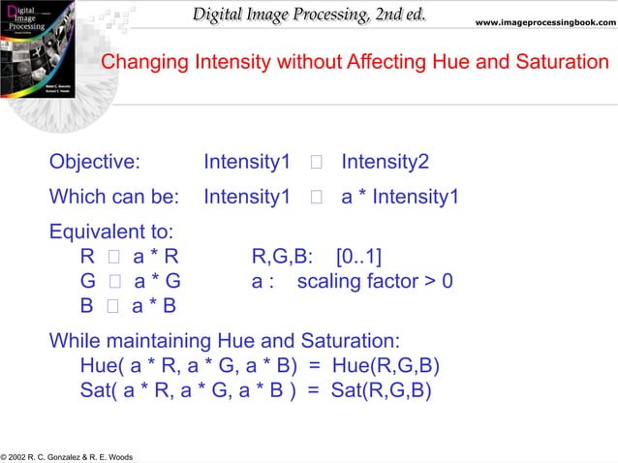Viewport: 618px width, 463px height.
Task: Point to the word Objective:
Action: tap(95, 162)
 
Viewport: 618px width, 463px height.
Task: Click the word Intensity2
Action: tap(386, 162)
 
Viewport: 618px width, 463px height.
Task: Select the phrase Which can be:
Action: tap(114, 198)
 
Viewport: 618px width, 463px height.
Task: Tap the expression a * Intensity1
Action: tap(399, 198)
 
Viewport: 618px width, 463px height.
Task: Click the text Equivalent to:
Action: tap(111, 233)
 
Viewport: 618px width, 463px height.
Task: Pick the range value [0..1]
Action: tap(358, 258)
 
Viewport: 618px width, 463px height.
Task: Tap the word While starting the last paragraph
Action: tap(76, 342)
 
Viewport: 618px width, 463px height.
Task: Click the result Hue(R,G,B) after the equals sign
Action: tap(386, 366)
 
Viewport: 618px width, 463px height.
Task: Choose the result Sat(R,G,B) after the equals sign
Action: tap(381, 390)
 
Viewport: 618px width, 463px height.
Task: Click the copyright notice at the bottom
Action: tap(67, 456)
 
